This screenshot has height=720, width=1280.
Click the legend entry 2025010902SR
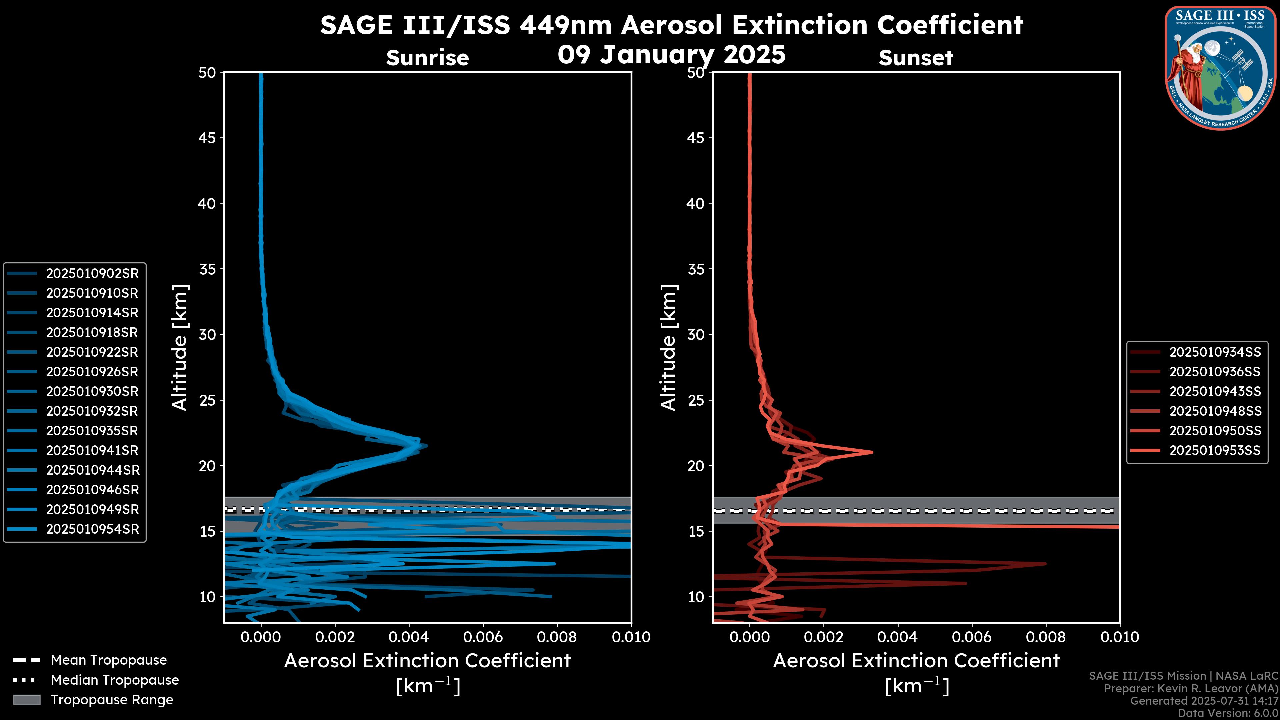tap(92, 273)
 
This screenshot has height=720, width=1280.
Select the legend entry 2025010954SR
tap(92, 529)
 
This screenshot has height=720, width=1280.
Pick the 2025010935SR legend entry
tap(92, 431)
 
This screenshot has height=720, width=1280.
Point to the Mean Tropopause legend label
tap(109, 660)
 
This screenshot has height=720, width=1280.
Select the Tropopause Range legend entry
tap(112, 700)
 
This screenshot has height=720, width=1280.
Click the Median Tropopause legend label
tap(115, 680)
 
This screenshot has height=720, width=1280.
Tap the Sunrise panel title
tap(427, 58)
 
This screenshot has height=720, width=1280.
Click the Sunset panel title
tap(916, 58)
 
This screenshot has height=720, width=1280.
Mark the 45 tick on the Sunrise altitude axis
tap(207, 138)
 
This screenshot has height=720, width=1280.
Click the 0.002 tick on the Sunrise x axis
tap(335, 637)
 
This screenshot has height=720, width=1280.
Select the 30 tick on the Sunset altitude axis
tap(696, 334)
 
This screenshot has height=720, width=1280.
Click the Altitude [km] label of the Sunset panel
tap(668, 348)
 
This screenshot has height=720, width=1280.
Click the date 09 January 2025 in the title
tap(671, 55)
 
